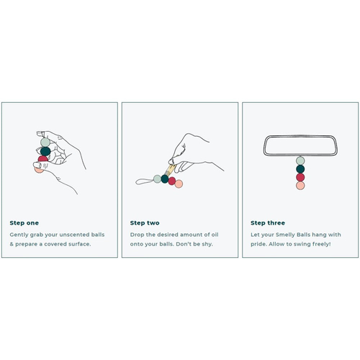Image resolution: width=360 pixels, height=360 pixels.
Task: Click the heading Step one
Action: coord(24,223)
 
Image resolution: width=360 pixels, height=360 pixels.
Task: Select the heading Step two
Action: coord(145,223)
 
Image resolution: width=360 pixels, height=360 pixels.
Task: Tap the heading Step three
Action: coord(268,223)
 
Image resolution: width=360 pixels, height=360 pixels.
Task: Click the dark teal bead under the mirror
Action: coord(300,169)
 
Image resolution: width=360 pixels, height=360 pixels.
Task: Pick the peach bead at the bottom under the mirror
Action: coord(300,186)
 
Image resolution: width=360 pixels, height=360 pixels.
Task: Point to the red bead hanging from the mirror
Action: coord(300,177)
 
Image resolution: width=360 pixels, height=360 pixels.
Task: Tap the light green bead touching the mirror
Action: coord(300,161)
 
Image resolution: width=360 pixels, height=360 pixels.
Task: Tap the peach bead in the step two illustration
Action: coord(179,184)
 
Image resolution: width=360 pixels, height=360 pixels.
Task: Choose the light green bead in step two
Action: coord(157,179)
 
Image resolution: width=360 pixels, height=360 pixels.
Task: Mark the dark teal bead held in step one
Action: coord(45,151)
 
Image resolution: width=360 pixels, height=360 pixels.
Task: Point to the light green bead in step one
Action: coord(45,142)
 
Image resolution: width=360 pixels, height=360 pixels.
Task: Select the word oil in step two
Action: coord(215,235)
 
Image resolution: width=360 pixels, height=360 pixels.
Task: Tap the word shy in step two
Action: coord(207,244)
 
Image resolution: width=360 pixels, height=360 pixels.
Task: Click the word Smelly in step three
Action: coord(285,235)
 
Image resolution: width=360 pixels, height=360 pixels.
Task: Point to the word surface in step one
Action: coord(79,244)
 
